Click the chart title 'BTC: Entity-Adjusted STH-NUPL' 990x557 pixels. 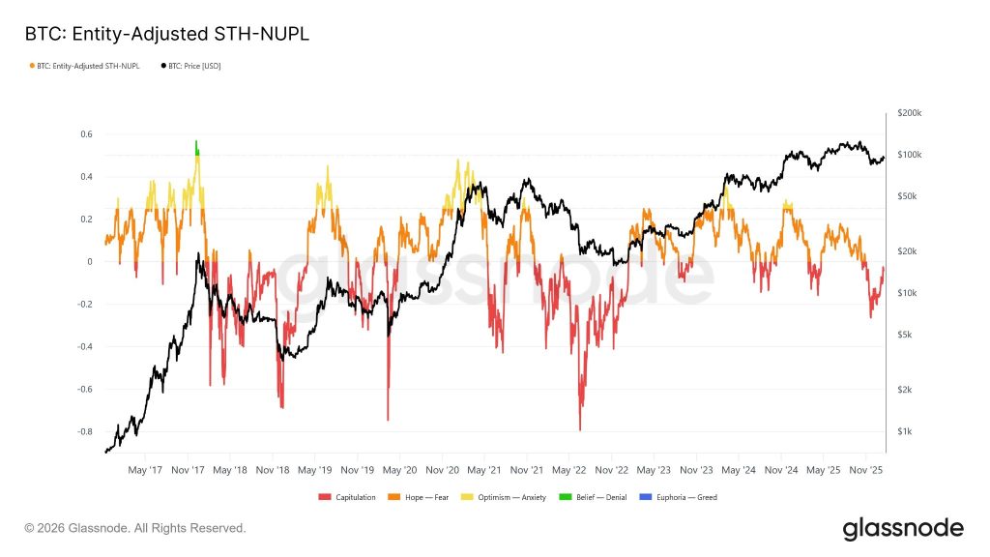pyautogui.click(x=167, y=34)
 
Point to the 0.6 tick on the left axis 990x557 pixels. pyautogui.click(x=86, y=134)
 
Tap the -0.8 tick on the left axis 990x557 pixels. pyautogui.click(x=84, y=431)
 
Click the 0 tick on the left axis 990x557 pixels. pyautogui.click(x=90, y=261)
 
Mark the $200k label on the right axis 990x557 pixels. pyautogui.click(x=909, y=113)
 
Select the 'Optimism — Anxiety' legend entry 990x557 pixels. pyautogui.click(x=503, y=497)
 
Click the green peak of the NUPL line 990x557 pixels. pyautogui.click(x=196, y=146)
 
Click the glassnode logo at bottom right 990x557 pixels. pyautogui.click(x=903, y=528)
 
